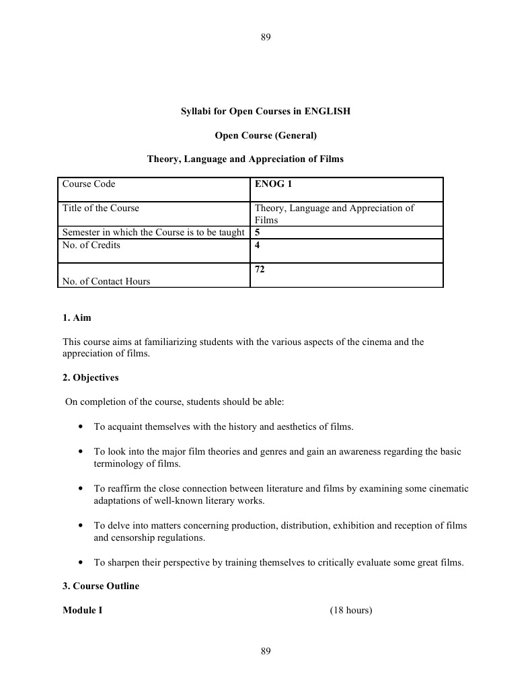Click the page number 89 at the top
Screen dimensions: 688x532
pos(266,37)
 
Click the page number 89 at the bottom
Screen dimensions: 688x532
pos(266,651)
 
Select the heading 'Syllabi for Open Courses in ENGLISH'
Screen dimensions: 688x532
pos(266,111)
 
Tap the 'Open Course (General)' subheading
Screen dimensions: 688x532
pos(266,135)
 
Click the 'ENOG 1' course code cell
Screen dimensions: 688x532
pos(273,184)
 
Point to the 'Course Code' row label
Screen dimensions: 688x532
pos(89,184)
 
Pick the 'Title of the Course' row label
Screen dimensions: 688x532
pos(101,208)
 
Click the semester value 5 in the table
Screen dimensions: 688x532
pos(258,232)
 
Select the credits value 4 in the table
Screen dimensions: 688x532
pos(258,245)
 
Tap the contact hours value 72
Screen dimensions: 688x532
pos(260,269)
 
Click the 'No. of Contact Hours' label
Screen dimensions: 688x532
pos(106,281)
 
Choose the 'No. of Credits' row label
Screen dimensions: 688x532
pos(91,245)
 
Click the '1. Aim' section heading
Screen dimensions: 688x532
pos(77,317)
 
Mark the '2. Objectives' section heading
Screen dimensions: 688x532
pos(91,377)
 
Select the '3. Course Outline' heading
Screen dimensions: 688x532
pos(101,586)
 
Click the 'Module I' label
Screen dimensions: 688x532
pos(83,610)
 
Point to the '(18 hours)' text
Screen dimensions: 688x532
pos(350,610)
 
